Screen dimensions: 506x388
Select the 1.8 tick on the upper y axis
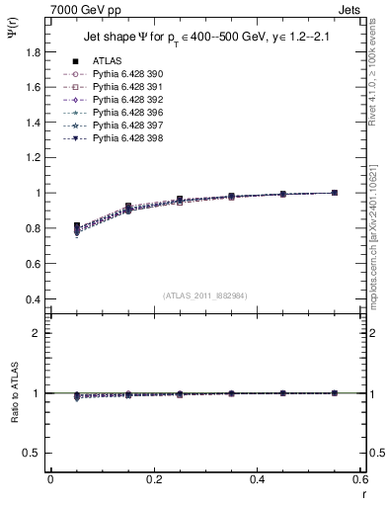(x=35, y=51)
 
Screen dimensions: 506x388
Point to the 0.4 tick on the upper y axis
(x=35, y=299)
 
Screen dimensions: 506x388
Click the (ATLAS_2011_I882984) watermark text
(x=204, y=295)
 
